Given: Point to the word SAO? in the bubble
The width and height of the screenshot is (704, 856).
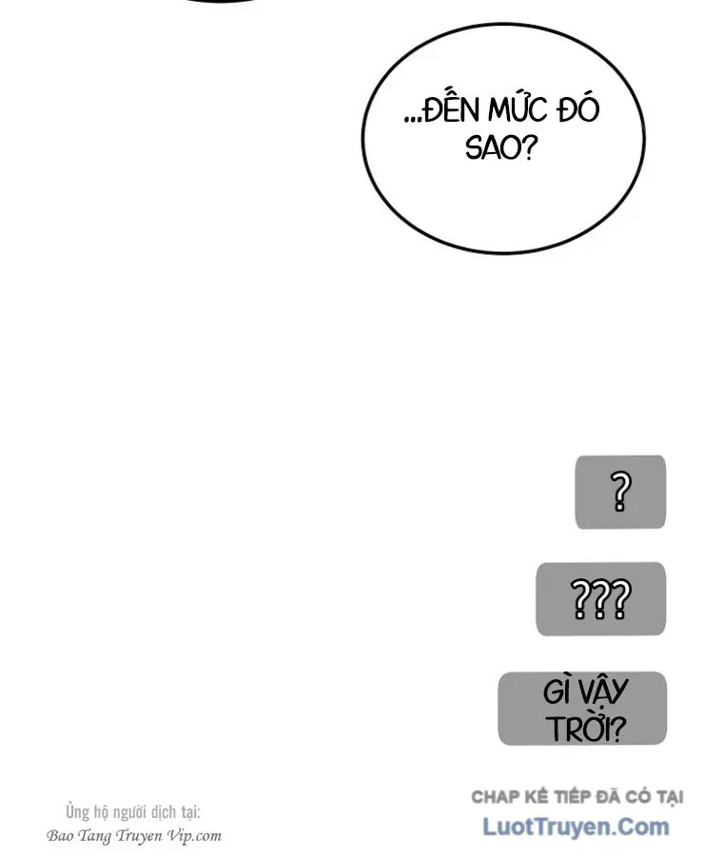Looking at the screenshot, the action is point(501,147).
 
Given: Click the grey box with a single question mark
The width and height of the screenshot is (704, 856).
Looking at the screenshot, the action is point(620,492).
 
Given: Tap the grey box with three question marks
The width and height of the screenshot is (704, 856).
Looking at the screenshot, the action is point(600,599).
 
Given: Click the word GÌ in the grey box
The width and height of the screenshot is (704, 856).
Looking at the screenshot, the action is point(556,691).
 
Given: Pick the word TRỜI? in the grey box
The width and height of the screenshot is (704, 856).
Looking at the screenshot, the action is point(585,727).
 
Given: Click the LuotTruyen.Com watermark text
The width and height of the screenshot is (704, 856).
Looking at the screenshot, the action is point(576,827).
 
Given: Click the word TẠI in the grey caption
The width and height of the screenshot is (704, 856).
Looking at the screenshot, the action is point(670,798).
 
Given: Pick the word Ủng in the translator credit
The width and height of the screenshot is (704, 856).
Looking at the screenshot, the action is point(78,812).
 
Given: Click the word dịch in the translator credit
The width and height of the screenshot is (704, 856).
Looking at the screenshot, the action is point(163,812).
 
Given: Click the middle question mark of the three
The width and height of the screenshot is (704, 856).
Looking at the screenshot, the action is point(600,599).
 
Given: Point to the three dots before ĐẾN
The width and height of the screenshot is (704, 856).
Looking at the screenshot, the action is point(413,119).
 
